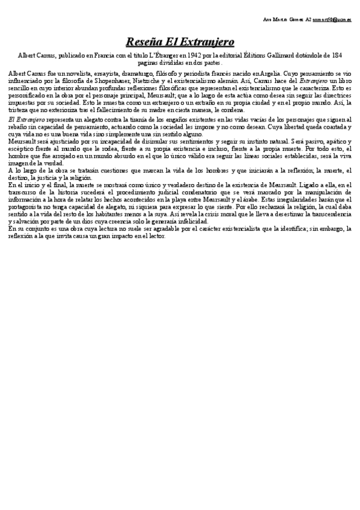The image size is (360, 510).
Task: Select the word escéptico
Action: (x=21, y=148)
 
